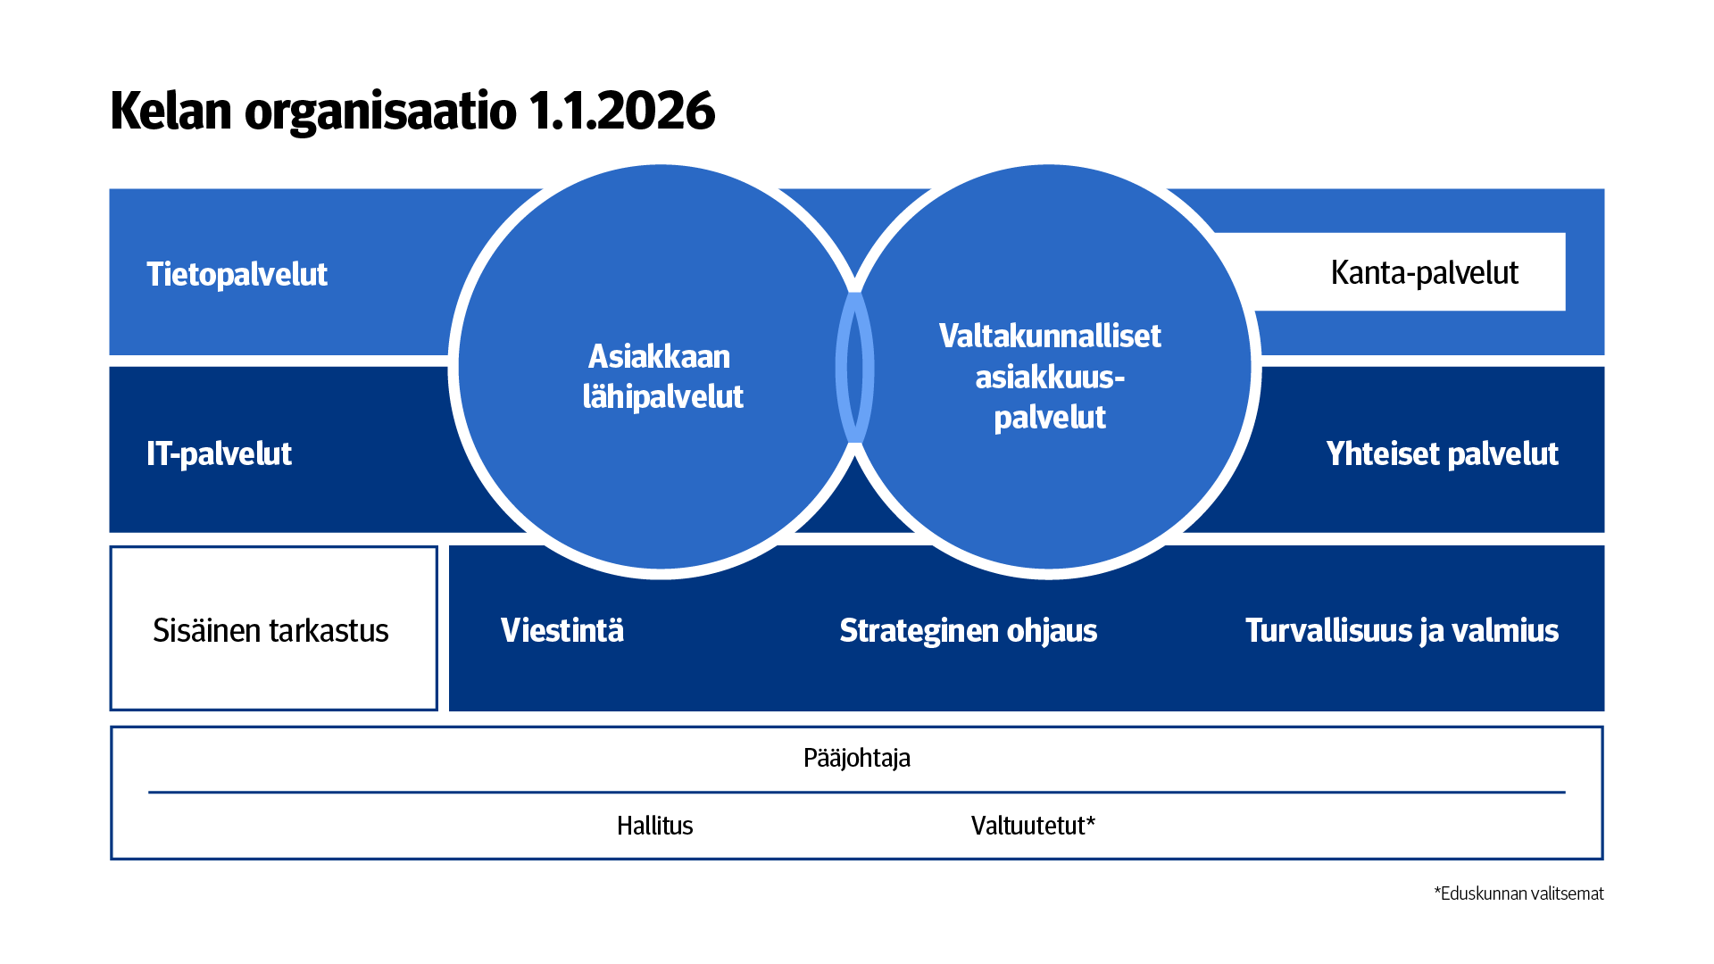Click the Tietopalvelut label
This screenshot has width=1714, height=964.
pyautogui.click(x=237, y=274)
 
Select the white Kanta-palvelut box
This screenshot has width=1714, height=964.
pyautogui.click(x=1410, y=272)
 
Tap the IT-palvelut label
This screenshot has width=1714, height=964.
pyautogui.click(x=219, y=453)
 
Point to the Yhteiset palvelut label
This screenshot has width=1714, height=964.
pyautogui.click(x=1442, y=453)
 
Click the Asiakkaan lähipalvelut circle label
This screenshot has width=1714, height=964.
pyautogui.click(x=661, y=376)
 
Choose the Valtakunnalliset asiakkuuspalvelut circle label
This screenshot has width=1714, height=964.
pyautogui.click(x=1050, y=376)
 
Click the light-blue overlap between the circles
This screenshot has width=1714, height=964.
pyautogui.click(x=854, y=368)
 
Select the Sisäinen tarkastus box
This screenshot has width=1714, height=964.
pyautogui.click(x=273, y=628)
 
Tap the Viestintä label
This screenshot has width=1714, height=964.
pyautogui.click(x=562, y=630)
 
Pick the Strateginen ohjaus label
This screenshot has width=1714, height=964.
pyautogui.click(x=968, y=630)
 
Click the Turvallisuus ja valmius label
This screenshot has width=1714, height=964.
pyautogui.click(x=1402, y=630)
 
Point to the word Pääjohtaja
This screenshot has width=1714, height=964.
pyautogui.click(x=857, y=758)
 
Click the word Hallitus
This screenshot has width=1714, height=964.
pyautogui.click(x=654, y=826)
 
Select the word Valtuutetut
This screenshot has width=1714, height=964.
pyautogui.click(x=1028, y=826)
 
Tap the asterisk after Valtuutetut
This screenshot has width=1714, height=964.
pyautogui.click(x=1090, y=820)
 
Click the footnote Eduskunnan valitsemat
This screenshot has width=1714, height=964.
pyautogui.click(x=1519, y=893)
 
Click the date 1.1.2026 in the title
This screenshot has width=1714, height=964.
pyautogui.click(x=621, y=111)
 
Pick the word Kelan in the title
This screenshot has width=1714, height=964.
pyautogui.click(x=171, y=111)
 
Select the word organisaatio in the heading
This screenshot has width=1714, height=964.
pyautogui.click(x=380, y=112)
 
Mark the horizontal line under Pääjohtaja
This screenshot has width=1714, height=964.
pyautogui.click(x=857, y=792)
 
